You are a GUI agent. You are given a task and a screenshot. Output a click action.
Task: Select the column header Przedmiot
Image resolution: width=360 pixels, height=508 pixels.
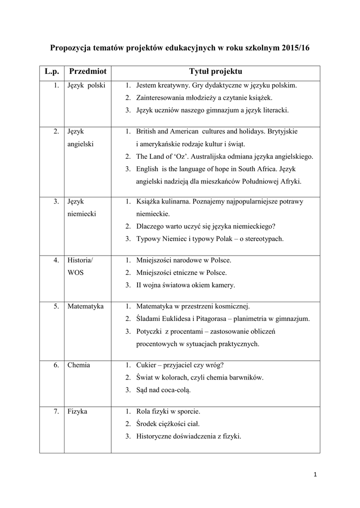pos(88,72)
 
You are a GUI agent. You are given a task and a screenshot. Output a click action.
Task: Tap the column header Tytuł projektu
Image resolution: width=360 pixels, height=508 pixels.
pos(215,72)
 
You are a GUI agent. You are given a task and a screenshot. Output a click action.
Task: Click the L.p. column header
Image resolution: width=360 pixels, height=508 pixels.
pos(52,72)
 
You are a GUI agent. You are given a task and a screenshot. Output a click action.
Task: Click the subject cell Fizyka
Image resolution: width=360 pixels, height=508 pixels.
pos(77,411)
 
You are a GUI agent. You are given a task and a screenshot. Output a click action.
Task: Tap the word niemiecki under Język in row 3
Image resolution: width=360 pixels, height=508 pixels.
pos(82,214)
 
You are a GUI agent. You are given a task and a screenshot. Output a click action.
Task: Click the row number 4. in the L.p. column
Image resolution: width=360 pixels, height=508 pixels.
pos(57,260)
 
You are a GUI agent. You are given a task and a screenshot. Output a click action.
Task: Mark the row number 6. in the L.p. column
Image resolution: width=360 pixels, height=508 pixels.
pos(57,365)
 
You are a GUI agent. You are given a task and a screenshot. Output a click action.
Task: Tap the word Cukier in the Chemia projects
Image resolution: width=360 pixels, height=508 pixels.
pos(146,365)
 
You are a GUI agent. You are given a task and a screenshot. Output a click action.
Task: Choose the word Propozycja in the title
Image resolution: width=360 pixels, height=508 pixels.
pos(73,48)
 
